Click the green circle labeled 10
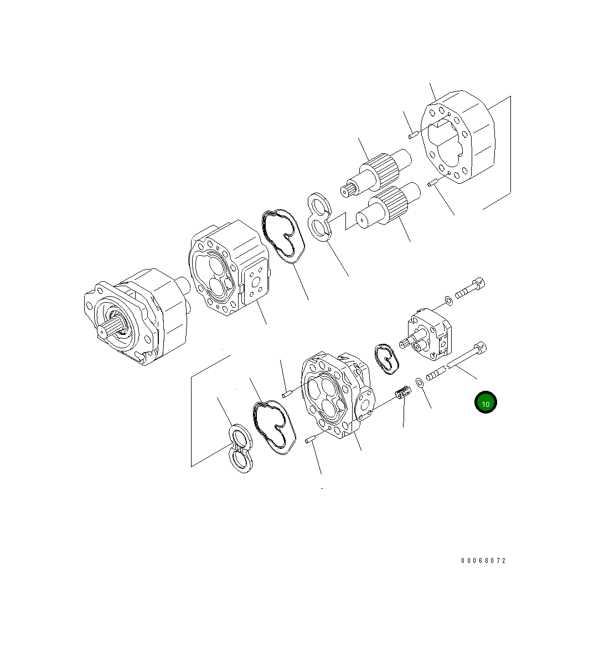(485, 402)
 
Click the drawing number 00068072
(483, 560)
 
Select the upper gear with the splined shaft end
(376, 173)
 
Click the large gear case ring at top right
(457, 136)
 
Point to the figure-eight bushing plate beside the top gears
(321, 216)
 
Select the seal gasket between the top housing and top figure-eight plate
(283, 236)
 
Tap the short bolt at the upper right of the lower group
(470, 288)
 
